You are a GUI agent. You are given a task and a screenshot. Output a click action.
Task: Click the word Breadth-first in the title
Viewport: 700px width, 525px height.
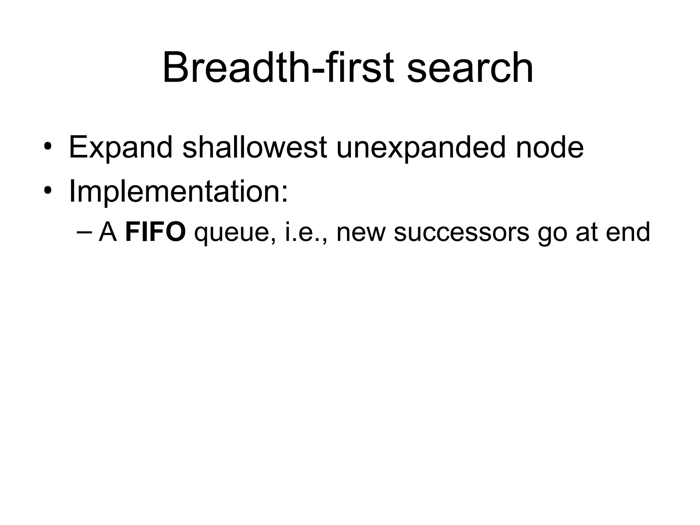278,67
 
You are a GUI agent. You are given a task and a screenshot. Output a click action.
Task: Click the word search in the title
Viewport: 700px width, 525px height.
470,67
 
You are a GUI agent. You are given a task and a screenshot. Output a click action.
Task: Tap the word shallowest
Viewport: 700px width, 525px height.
255,147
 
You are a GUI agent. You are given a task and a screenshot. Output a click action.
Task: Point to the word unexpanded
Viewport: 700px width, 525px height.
421,148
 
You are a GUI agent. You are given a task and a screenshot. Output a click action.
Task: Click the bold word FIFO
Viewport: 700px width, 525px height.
156,232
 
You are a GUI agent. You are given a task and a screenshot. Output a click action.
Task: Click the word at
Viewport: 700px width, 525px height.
587,233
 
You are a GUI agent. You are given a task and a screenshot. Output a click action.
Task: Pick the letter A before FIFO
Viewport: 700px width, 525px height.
108,232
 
